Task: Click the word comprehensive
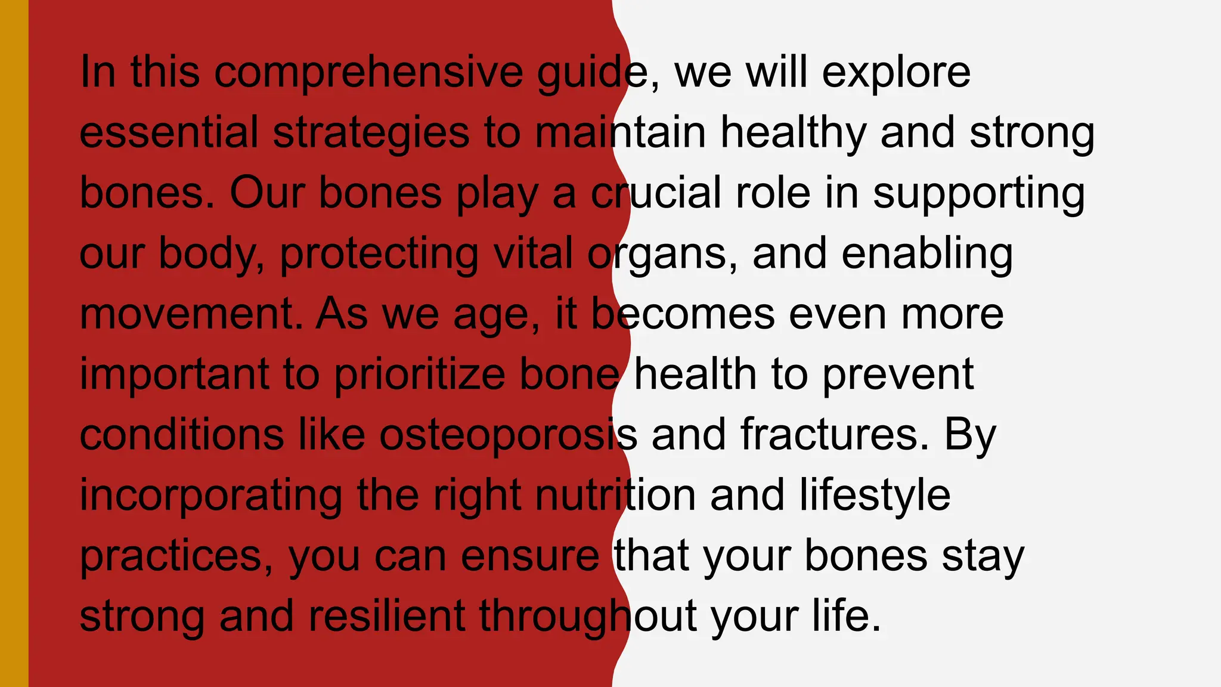tap(368, 73)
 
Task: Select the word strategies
tap(371, 133)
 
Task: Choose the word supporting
tap(978, 194)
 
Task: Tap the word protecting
tap(379, 254)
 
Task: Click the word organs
tap(657, 254)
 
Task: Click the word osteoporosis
tap(508, 435)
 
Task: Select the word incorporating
tap(211, 496)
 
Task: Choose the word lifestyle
tap(875, 496)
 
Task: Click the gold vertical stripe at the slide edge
tap(14, 343)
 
